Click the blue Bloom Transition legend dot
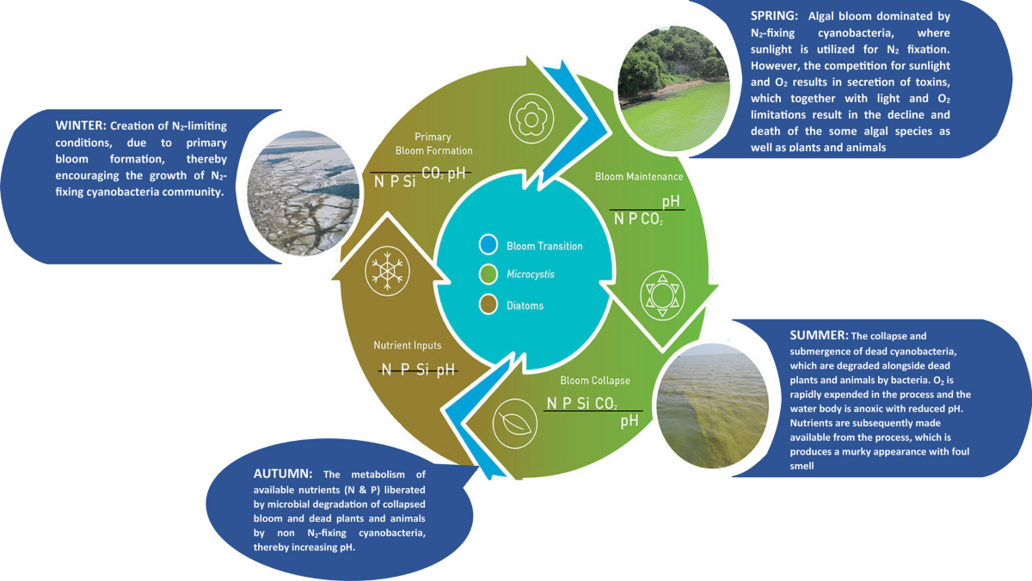487,245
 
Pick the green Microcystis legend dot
487,275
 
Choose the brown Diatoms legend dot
487,304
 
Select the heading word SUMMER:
818,333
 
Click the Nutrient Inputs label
407,346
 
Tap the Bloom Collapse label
595,380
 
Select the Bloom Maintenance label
639,176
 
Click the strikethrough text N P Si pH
418,370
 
